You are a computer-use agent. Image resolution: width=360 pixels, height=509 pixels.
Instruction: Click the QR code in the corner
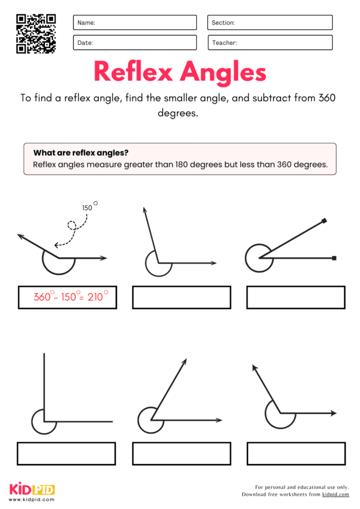click(36, 33)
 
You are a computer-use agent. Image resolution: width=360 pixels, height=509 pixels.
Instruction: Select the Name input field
click(134, 22)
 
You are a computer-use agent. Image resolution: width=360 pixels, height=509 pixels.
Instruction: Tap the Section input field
click(269, 22)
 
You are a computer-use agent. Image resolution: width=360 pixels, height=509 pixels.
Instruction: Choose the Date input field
click(134, 43)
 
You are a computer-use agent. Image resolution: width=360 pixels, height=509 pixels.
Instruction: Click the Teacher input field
click(269, 43)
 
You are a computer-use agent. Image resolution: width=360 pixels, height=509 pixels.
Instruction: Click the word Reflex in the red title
click(133, 72)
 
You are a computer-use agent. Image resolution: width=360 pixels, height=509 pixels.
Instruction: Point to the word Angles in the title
click(223, 73)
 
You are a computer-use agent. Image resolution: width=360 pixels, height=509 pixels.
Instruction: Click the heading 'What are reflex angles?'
click(81, 153)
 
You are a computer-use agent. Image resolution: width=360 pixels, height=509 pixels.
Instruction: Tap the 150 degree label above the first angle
click(88, 208)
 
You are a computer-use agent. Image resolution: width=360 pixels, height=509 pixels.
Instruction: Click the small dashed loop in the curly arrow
click(72, 226)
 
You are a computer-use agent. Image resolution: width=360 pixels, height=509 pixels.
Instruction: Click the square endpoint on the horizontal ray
click(335, 258)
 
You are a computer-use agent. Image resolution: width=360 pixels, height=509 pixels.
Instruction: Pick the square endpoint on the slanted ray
click(325, 220)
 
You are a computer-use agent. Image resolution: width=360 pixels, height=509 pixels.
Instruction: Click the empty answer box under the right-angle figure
click(66, 454)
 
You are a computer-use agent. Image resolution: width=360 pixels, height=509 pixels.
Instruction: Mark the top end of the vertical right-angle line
click(44, 355)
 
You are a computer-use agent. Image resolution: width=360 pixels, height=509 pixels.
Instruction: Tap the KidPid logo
click(32, 489)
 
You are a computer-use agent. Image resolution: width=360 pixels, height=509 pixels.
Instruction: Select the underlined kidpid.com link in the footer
click(335, 495)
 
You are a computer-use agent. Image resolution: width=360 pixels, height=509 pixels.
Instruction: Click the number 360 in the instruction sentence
click(327, 98)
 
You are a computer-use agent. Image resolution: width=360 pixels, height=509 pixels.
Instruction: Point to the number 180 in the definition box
click(181, 165)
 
